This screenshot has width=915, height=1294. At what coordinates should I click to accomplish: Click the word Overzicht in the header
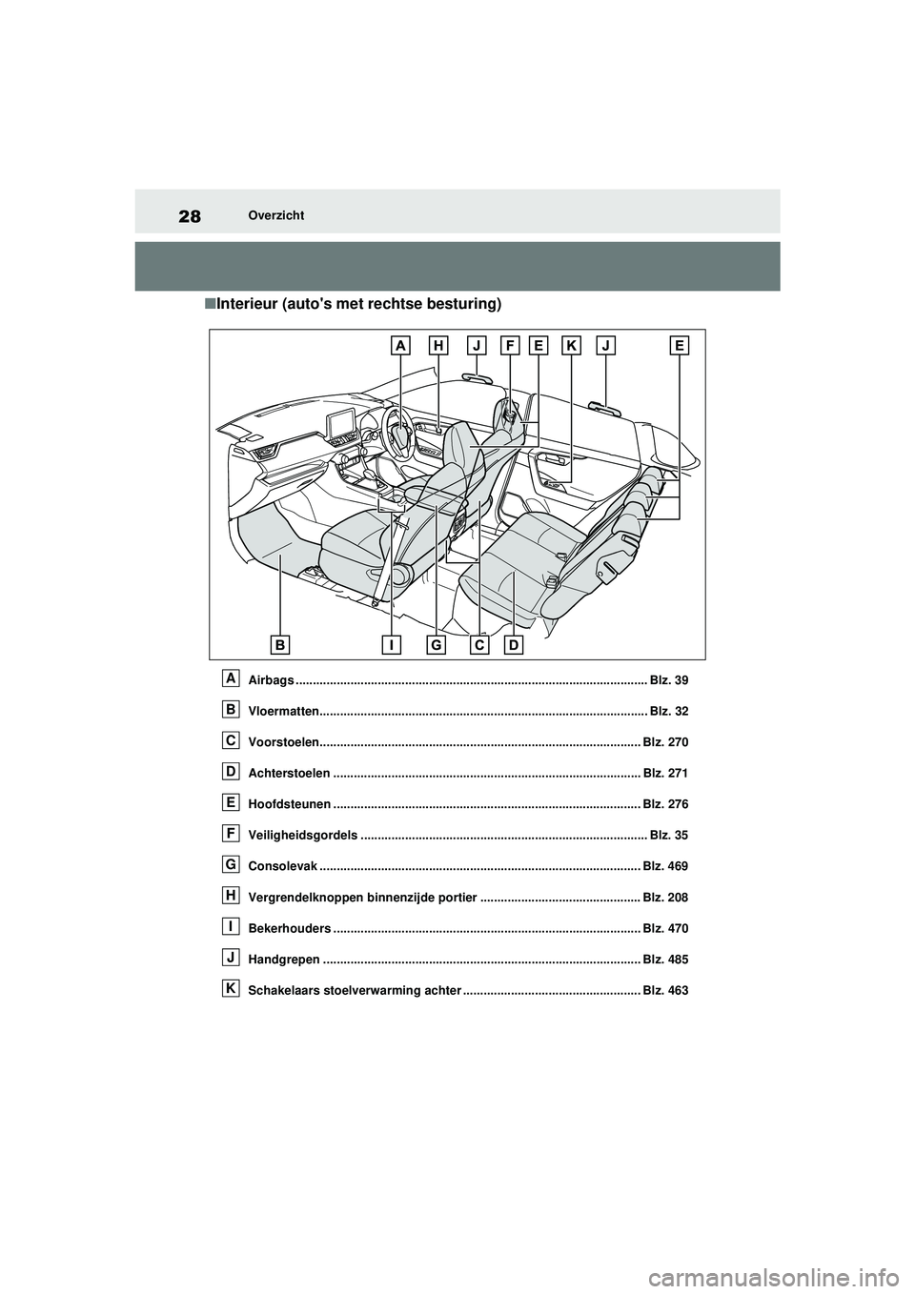[275, 215]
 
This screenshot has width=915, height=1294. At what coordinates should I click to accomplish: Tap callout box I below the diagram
[392, 645]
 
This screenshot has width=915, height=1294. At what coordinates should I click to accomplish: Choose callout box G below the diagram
[436, 645]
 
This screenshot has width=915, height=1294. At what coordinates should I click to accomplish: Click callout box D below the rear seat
[514, 645]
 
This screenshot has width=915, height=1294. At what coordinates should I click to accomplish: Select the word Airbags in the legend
[271, 680]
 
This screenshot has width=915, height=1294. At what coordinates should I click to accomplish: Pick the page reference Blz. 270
[665, 742]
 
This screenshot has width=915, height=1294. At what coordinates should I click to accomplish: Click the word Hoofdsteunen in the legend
[289, 804]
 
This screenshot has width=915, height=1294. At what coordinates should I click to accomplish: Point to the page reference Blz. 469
[665, 866]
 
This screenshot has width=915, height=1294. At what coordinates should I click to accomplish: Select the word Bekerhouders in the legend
[289, 928]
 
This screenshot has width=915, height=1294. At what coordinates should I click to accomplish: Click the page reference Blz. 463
[665, 991]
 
